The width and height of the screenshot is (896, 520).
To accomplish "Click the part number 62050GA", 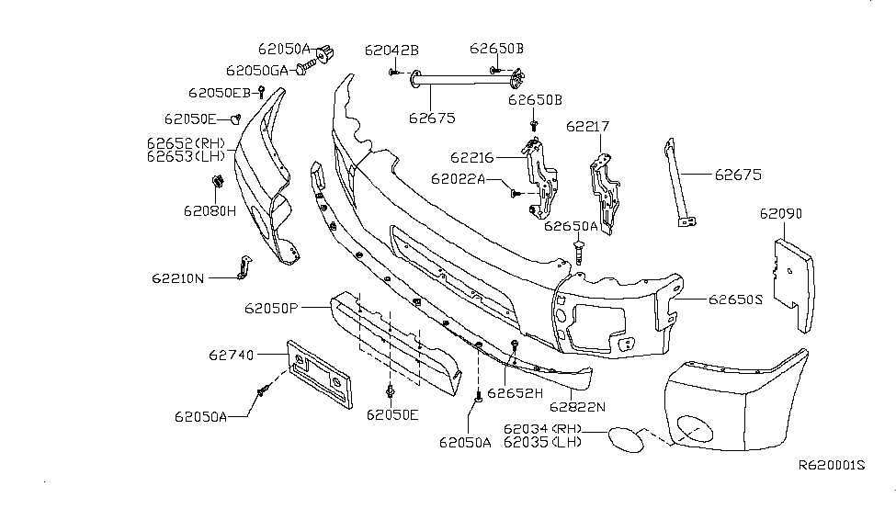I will [x=257, y=70].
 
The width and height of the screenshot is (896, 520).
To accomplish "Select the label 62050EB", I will [x=220, y=93].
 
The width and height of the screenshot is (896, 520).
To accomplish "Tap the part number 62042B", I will [x=391, y=50].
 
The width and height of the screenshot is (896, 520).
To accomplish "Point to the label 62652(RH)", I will [x=185, y=143].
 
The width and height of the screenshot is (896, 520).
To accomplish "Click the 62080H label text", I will [x=209, y=210].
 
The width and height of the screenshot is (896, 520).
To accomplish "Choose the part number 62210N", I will [x=179, y=277].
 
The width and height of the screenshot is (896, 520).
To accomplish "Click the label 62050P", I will [x=271, y=308].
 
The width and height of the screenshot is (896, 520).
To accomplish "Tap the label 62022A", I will [x=458, y=178].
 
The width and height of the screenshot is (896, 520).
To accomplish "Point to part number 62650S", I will [x=736, y=299].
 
